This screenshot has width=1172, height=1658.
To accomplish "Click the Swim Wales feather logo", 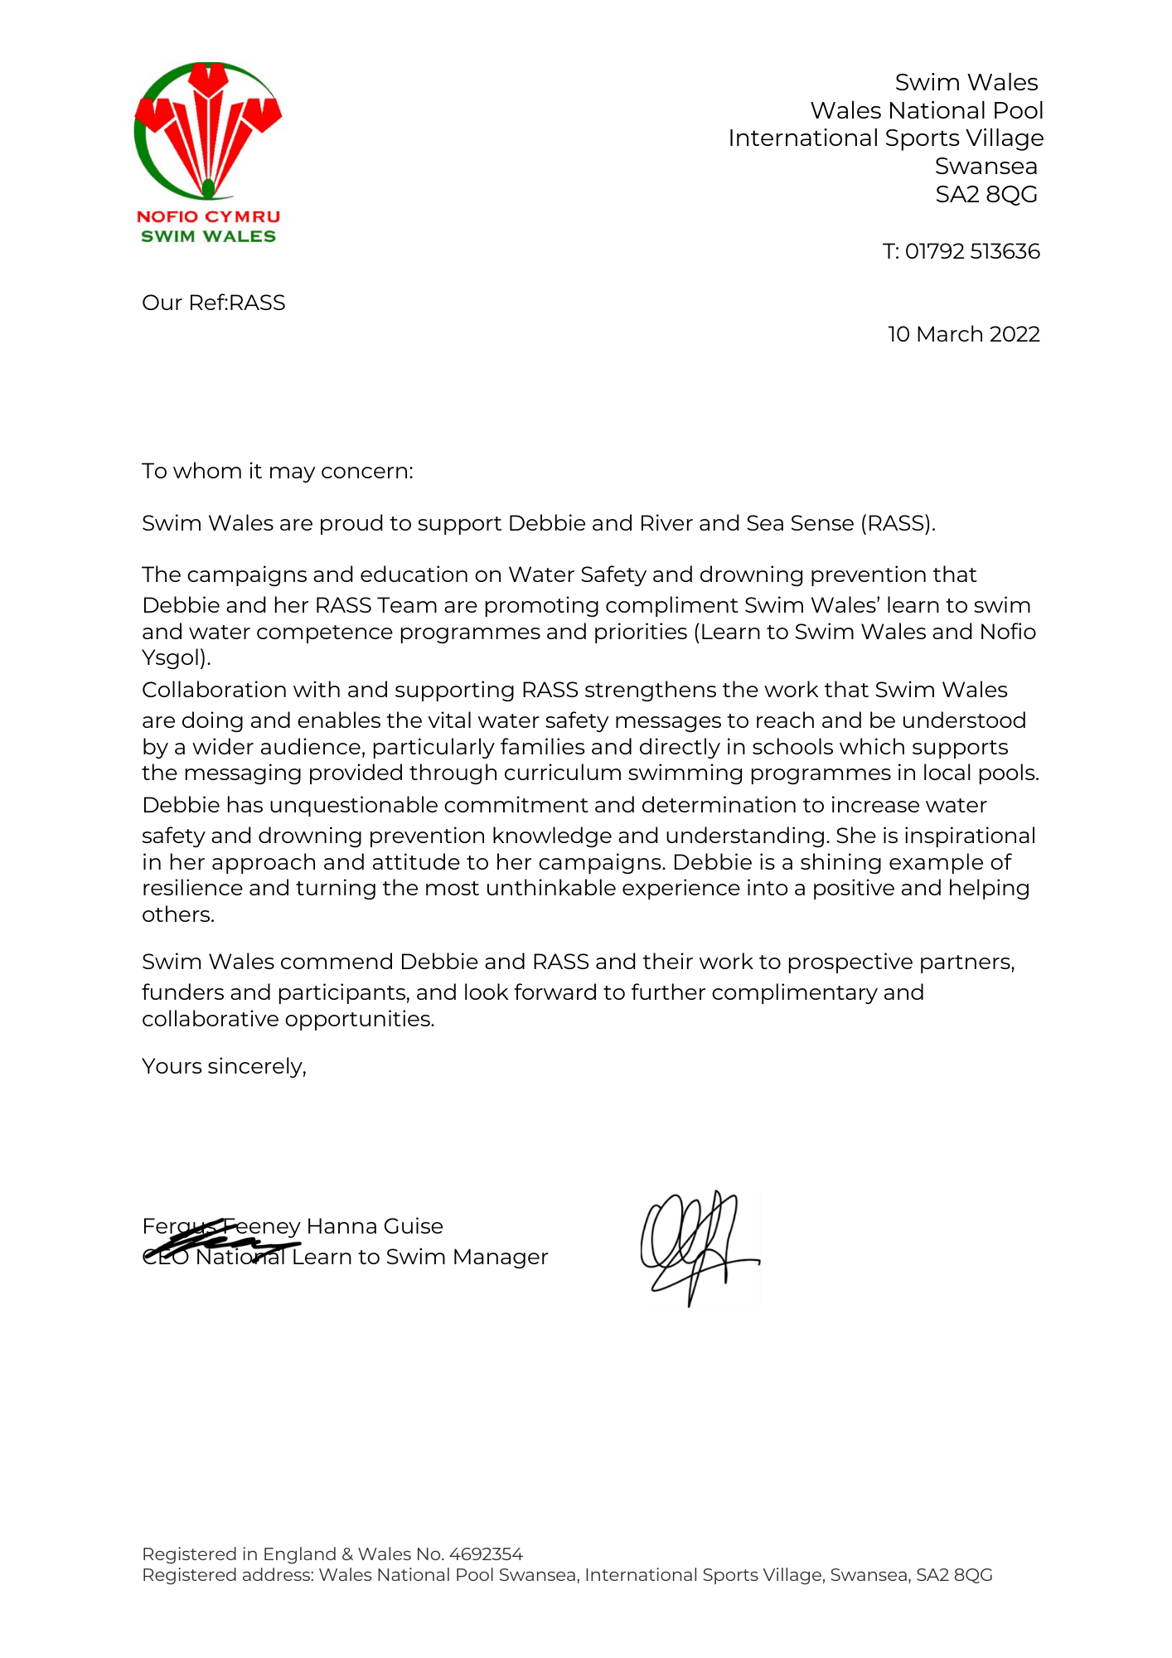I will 208,130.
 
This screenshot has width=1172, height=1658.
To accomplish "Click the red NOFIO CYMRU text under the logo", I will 208,216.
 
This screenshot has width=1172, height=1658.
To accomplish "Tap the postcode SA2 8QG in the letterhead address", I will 986,194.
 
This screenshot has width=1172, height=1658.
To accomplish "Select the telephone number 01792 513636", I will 972,251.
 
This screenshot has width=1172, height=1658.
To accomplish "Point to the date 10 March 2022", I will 963,334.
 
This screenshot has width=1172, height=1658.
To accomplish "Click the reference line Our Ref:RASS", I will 214,303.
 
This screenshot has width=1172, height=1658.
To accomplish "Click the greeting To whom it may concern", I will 277,471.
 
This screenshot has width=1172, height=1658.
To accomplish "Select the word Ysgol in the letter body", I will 173,658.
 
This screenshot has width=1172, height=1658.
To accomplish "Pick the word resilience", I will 192,888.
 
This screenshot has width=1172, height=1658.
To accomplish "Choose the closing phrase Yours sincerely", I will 224,1066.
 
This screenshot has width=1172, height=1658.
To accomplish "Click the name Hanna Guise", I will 375,1226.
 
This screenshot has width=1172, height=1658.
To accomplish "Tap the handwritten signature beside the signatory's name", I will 698,1246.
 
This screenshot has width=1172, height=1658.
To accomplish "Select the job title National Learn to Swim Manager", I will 371,1257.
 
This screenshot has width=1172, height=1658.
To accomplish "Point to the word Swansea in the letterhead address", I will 986,166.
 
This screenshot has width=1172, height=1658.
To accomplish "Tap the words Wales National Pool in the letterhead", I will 927,110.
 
